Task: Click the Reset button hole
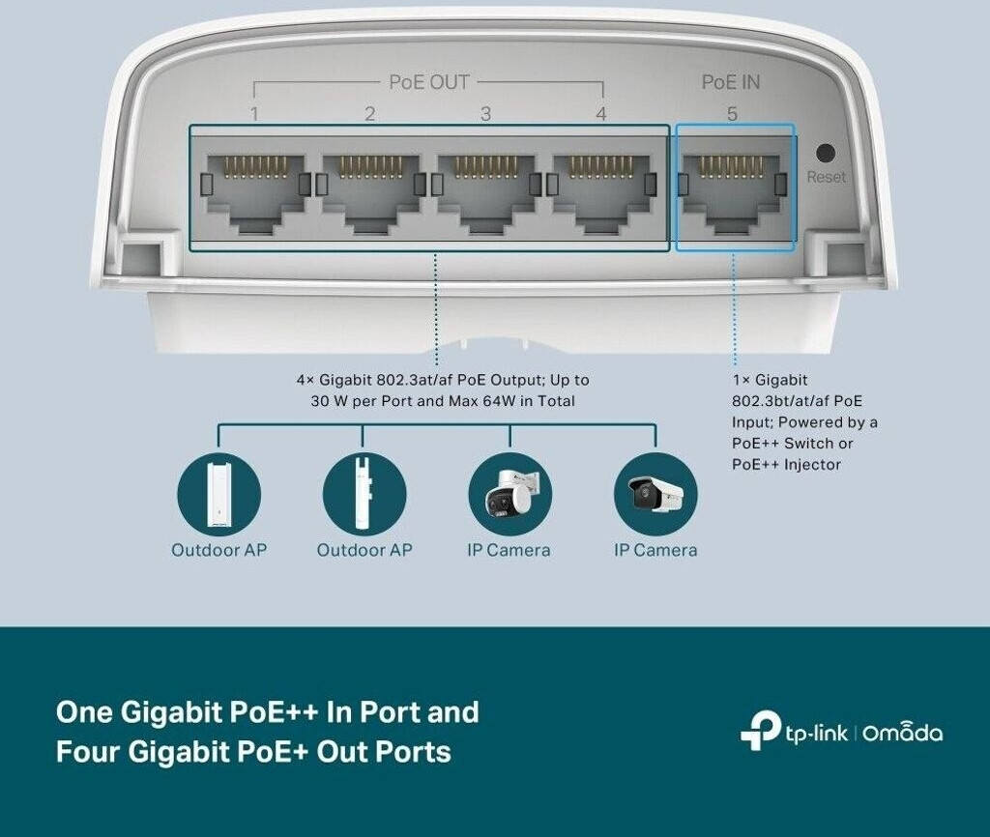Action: pos(826,153)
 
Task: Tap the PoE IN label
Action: pos(731,82)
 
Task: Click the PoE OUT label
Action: pos(428,82)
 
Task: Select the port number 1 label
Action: pos(254,114)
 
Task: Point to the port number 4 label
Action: pos(601,114)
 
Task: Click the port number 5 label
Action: pos(732,114)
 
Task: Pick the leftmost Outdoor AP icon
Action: pos(218,494)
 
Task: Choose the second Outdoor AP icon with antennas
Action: pos(364,494)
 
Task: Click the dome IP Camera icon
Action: pos(510,494)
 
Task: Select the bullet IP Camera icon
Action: pos(655,494)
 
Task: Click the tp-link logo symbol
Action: pos(760,732)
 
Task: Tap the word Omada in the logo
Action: pos(902,733)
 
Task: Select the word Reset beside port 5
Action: pos(826,177)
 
